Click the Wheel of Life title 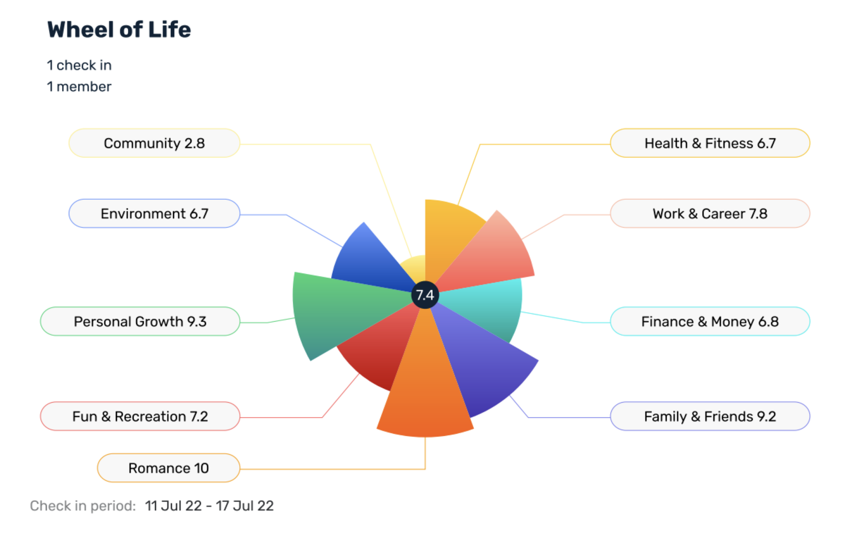119,29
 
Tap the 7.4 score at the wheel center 425,295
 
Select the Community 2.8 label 154,143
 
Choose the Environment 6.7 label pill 154,214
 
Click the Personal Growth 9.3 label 140,322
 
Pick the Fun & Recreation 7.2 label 140,417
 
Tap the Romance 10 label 168,468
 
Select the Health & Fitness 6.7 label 710,143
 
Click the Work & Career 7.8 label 710,214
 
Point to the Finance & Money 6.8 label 710,322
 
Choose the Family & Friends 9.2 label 710,417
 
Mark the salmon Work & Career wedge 494,255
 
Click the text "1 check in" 79,65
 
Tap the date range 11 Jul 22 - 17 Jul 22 209,506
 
